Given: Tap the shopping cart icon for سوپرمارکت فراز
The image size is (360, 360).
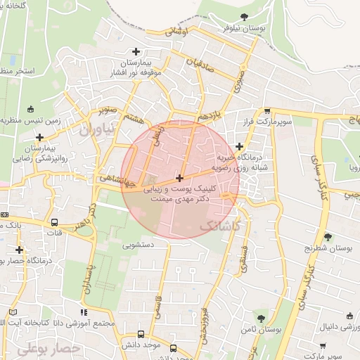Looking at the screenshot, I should [x=267, y=111].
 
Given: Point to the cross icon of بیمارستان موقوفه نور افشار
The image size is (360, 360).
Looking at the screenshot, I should [x=136, y=51].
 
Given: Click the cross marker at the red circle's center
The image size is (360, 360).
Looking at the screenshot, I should [x=181, y=179].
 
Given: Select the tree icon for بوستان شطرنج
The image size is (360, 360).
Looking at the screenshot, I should [x=327, y=237].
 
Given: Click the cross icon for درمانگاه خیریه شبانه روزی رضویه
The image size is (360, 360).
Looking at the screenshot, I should [x=240, y=147].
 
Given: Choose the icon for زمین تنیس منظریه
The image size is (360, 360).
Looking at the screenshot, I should [x=30, y=109].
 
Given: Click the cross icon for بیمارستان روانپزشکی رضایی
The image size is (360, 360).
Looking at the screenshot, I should [x=40, y=137].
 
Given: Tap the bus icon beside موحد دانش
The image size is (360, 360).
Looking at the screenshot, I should [x=141, y=335].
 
